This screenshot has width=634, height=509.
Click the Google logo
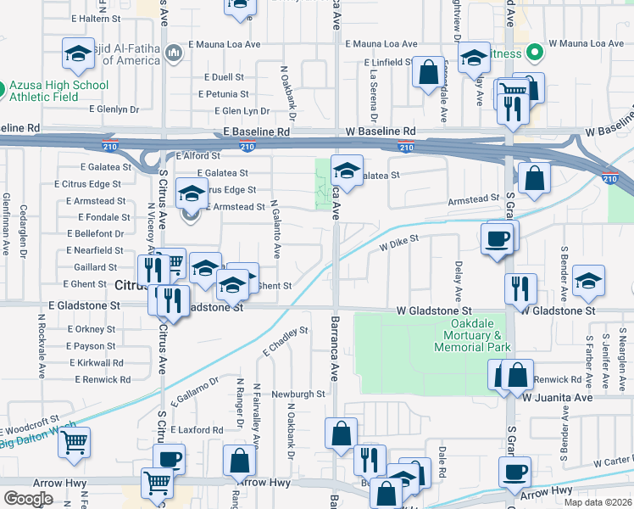pos(28,498)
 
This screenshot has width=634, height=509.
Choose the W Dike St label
pos(399,243)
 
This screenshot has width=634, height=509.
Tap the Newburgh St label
pos(298,394)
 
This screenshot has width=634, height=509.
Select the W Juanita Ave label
pos(557,397)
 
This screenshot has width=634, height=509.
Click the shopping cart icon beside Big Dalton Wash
pos(75,442)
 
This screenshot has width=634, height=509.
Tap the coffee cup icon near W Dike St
pos(497,238)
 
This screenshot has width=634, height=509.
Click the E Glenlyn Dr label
pos(114,109)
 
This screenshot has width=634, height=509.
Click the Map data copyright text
pos(598,502)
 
